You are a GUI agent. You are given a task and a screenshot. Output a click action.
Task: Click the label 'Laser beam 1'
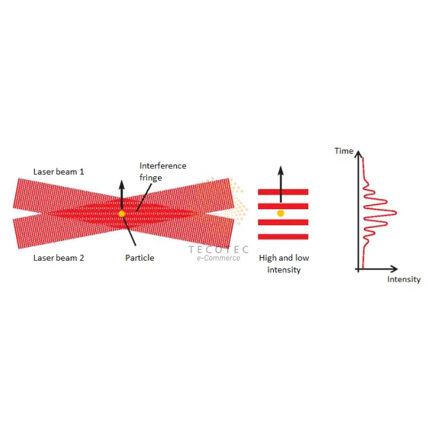59,172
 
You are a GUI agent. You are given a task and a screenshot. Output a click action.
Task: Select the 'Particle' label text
139,258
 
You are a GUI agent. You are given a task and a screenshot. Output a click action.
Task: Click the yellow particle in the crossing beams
122,213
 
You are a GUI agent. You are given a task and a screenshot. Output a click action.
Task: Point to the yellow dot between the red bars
280,213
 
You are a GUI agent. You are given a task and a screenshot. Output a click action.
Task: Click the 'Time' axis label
344,151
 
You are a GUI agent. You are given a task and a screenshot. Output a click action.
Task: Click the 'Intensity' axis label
403,280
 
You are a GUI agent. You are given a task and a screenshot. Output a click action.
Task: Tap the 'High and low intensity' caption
280,264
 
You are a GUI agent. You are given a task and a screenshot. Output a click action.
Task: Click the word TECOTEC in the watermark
219,249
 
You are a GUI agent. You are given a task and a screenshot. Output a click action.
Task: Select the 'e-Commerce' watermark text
218,259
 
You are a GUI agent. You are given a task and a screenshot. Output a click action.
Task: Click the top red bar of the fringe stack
283,192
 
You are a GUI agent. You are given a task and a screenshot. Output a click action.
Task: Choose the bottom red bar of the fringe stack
283,235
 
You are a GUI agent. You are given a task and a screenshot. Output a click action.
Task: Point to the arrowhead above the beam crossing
122,181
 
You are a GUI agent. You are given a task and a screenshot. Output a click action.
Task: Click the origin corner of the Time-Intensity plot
358,268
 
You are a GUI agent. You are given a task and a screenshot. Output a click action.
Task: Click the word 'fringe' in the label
151,177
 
